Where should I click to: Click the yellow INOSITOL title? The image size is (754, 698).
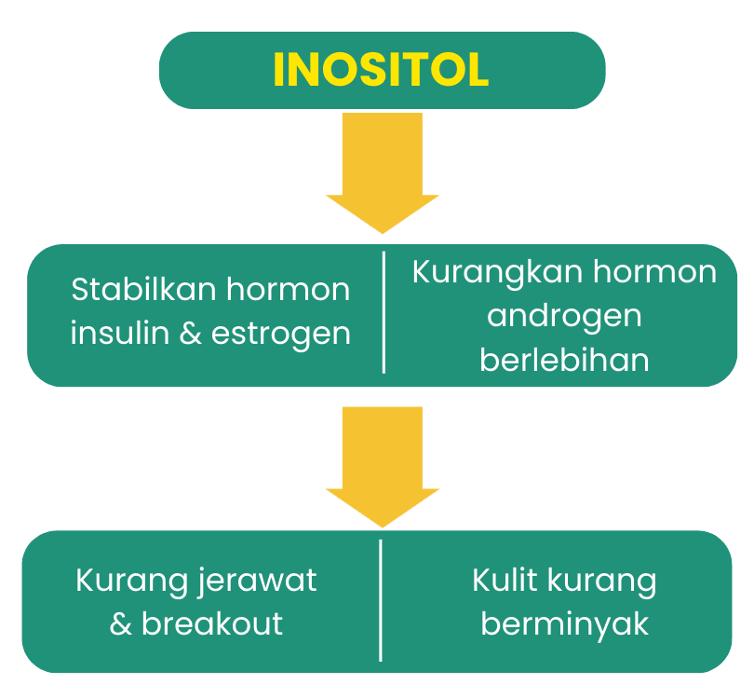click(x=381, y=70)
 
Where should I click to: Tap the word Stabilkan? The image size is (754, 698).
click(x=143, y=289)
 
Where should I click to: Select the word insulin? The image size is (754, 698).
click(x=120, y=333)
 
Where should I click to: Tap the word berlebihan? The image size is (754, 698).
click(x=564, y=360)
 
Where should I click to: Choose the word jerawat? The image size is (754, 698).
click(x=256, y=581)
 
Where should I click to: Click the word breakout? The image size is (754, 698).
click(x=212, y=623)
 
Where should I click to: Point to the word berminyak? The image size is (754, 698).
click(x=564, y=624)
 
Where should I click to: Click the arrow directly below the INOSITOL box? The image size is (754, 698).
click(x=383, y=173)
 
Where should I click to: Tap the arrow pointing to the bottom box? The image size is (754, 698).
click(x=383, y=468)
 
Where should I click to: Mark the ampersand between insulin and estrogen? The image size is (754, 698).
click(x=190, y=333)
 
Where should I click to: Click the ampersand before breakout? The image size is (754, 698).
click(x=120, y=623)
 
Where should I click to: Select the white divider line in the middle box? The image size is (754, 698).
click(x=384, y=312)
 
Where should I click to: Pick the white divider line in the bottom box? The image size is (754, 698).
click(x=381, y=600)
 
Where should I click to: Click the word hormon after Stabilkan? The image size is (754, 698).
click(x=288, y=289)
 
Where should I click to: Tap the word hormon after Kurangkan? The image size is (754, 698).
click(x=655, y=272)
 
